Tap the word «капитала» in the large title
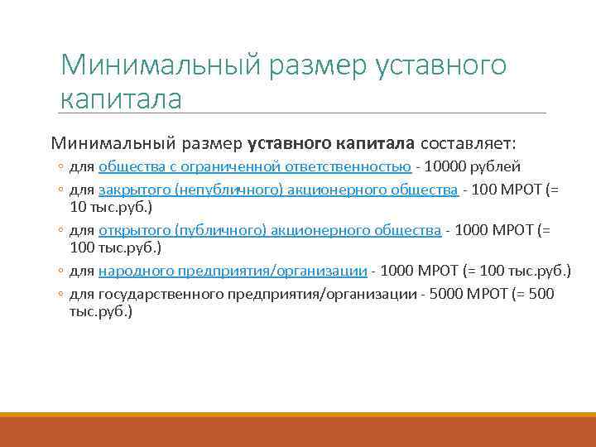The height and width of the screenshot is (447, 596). click(121, 99)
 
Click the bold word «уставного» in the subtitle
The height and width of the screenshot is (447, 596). click(290, 142)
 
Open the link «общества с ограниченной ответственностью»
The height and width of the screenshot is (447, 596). click(255, 166)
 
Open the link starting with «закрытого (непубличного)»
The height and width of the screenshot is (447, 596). click(278, 190)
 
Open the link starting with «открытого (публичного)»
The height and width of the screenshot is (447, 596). click(270, 230)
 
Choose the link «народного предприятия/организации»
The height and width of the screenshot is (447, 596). click(233, 270)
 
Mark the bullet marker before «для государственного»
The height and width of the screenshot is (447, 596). click(61, 295)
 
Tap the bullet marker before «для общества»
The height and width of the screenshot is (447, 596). click(61, 167)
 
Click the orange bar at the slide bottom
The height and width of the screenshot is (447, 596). click(298, 430)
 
